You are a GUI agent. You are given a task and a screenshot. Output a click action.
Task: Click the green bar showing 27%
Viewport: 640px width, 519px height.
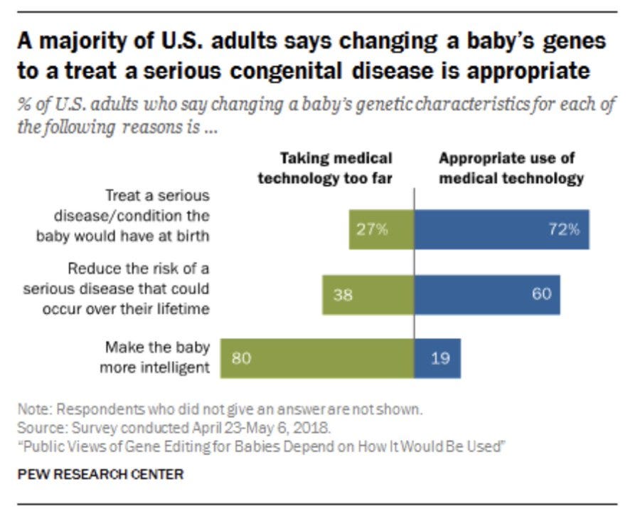click(x=381, y=229)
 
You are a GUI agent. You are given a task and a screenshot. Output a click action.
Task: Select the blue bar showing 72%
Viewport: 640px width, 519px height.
click(x=501, y=229)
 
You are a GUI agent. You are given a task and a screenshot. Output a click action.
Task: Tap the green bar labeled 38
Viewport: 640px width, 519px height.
click(x=368, y=294)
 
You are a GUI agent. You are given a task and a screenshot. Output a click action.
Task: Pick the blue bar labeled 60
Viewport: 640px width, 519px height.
click(x=487, y=294)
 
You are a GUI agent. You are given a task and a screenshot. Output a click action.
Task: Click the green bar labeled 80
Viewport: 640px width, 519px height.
click(x=317, y=358)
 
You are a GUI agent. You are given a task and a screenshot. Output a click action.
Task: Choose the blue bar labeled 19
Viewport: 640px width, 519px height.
click(x=437, y=358)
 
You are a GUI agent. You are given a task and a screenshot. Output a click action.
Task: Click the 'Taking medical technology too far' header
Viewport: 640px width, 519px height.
click(x=325, y=168)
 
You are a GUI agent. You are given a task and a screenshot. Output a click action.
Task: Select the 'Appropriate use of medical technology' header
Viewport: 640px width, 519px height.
click(x=511, y=168)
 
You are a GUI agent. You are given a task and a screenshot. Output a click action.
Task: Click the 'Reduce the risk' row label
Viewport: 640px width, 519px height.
click(x=117, y=289)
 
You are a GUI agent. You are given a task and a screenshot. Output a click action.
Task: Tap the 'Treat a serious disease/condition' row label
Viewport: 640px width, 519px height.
click(x=123, y=216)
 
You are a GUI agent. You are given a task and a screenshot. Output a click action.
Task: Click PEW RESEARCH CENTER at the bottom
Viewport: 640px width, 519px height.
click(x=100, y=474)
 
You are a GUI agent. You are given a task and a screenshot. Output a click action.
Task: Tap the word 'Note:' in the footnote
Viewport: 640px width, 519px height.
click(x=35, y=410)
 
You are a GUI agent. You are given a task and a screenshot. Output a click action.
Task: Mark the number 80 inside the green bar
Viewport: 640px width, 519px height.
click(x=241, y=358)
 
